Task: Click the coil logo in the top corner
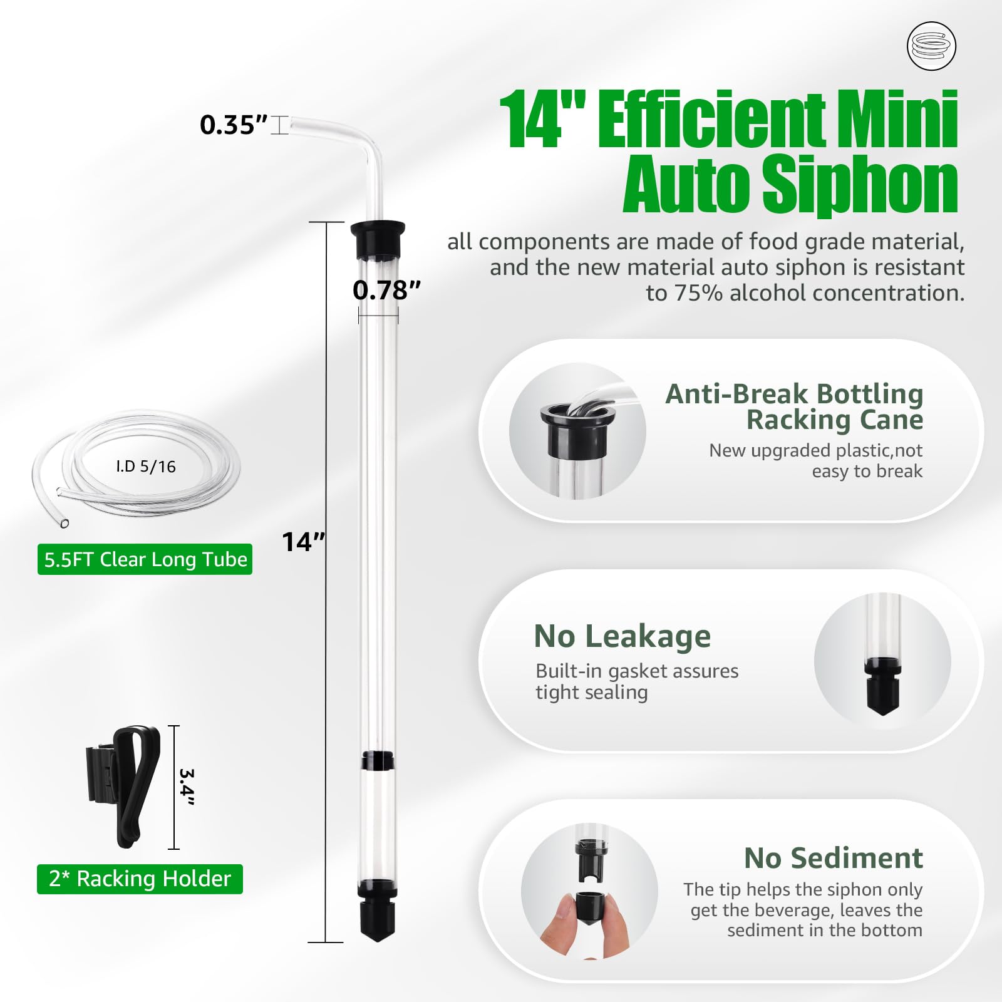point(931,46)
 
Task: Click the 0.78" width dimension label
point(386,290)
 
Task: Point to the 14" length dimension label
point(304,542)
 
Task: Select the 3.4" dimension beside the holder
point(187,787)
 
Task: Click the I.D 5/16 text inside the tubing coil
point(145,467)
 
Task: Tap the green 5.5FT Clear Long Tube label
point(145,559)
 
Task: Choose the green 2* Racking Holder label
point(140,879)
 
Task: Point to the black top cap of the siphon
point(378,240)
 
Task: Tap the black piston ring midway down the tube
point(378,760)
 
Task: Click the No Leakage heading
point(622,636)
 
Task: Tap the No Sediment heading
point(833,858)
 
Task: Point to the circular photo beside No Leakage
point(882,661)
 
